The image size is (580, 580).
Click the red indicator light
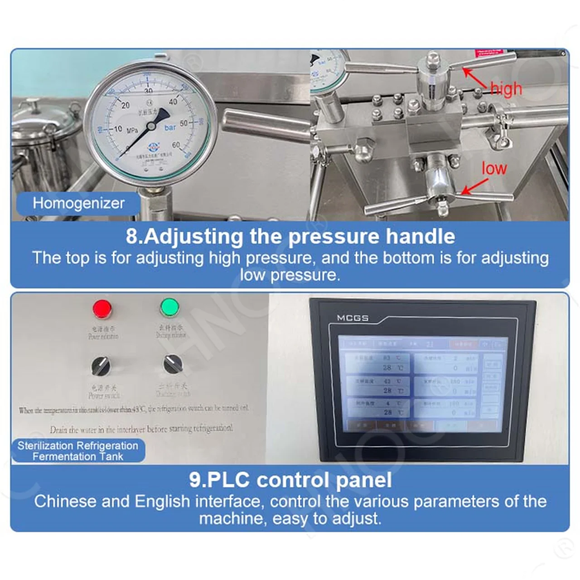click(102, 309)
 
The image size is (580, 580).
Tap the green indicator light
click(169, 307)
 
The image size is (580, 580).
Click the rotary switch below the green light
click(172, 363)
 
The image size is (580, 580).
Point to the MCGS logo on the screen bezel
click(353, 318)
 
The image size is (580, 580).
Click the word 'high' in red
click(506, 88)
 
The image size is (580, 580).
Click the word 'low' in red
click(494, 169)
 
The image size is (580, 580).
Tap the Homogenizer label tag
click(78, 203)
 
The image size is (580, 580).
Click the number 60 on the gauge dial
click(176, 145)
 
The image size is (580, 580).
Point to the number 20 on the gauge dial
click(126, 105)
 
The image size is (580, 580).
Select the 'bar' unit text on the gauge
click(170, 128)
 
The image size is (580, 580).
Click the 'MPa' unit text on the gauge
click(132, 130)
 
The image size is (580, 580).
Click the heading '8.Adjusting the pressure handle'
click(290, 237)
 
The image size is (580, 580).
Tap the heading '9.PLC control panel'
click(290, 480)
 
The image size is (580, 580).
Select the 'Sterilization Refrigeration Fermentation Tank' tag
click(78, 451)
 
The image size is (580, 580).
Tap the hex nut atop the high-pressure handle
click(433, 58)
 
